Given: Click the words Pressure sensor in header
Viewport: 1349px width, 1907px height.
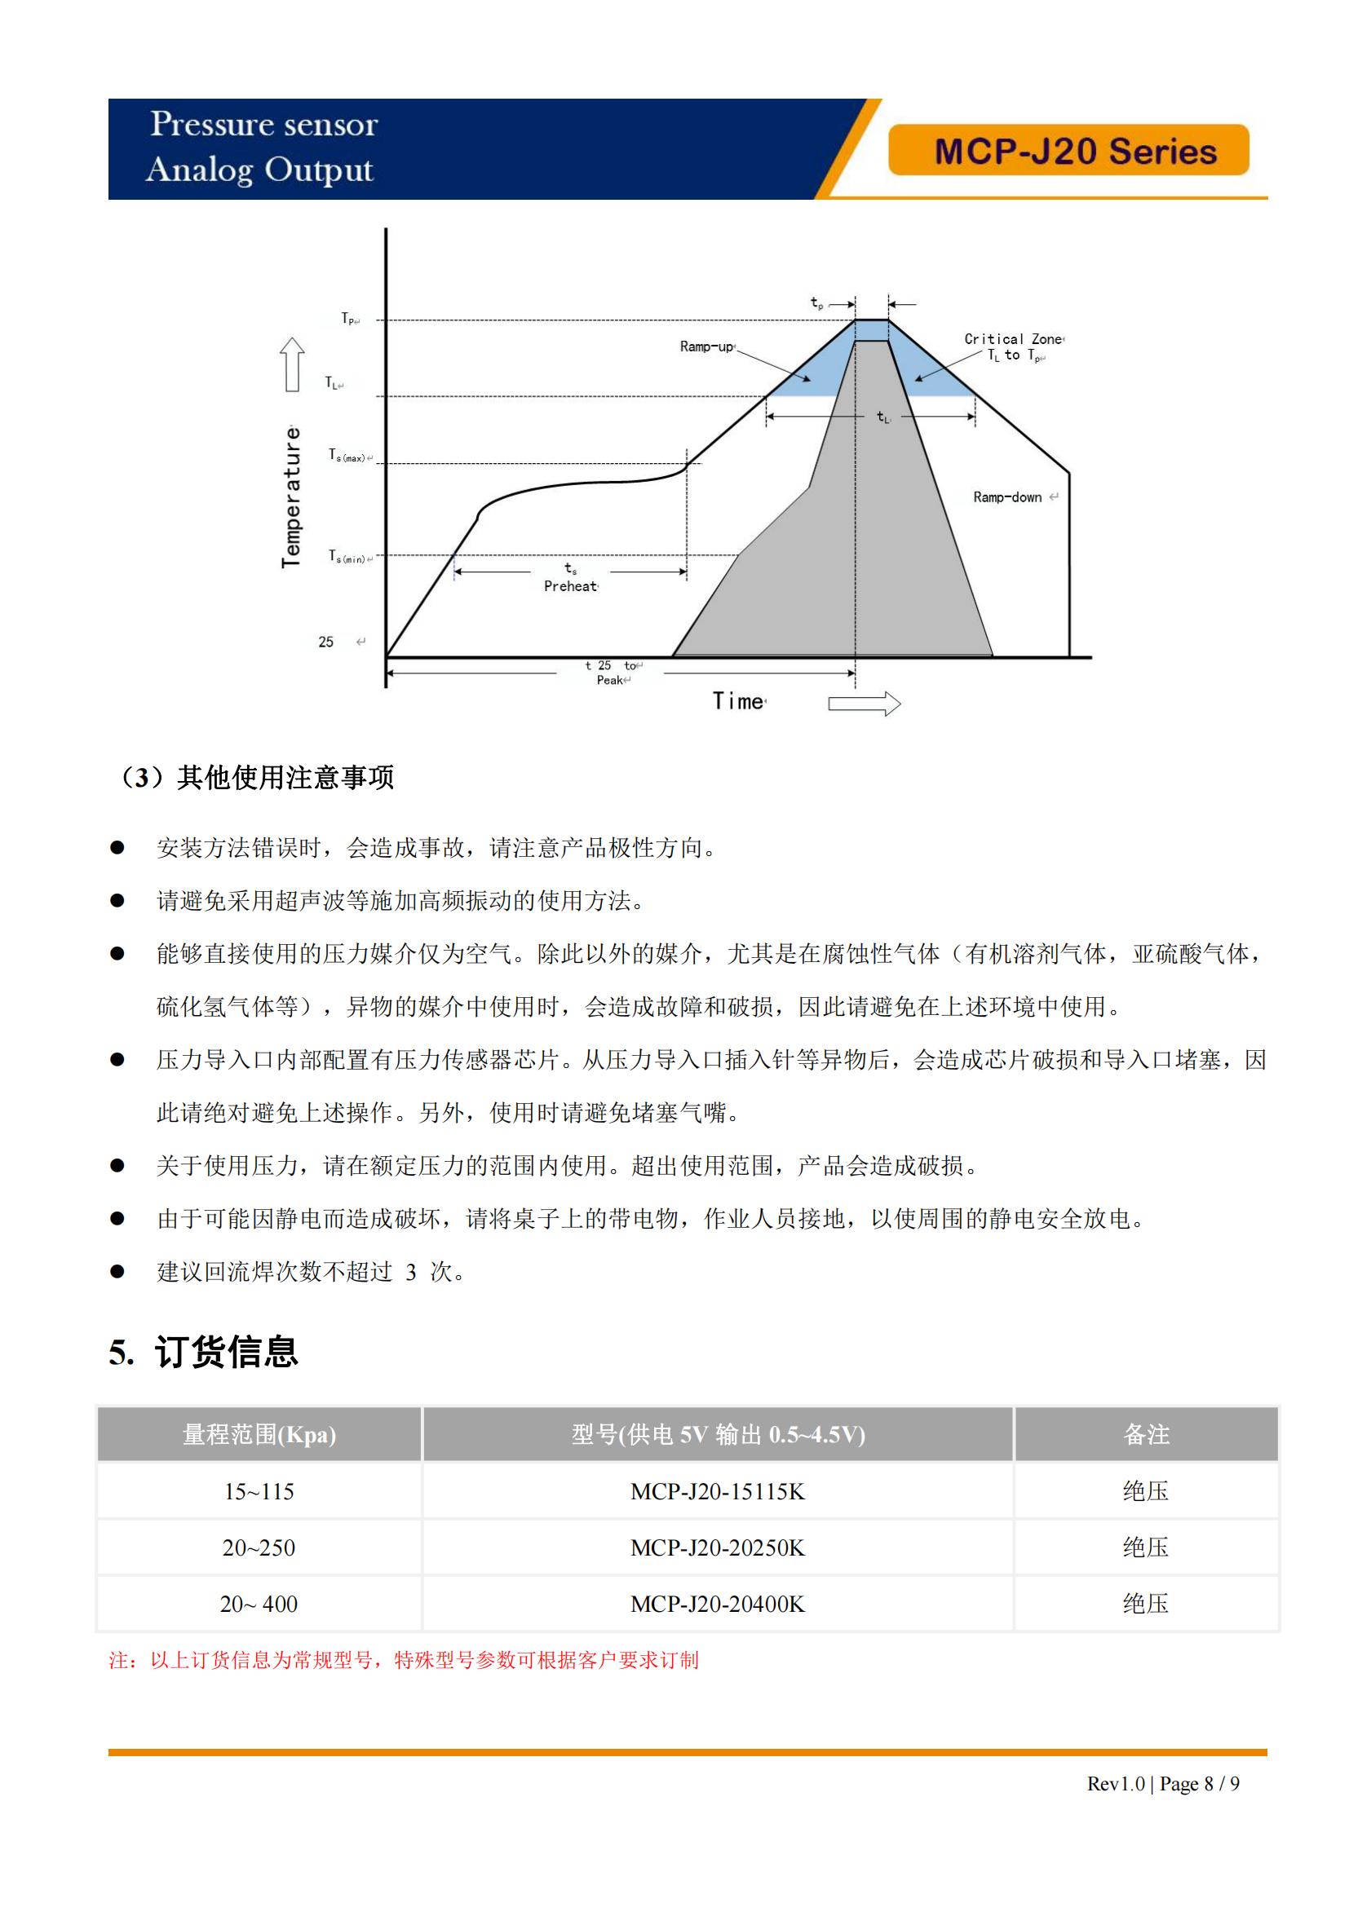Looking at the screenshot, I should [263, 125].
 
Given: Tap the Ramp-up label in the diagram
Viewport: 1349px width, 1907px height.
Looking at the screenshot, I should [706, 347].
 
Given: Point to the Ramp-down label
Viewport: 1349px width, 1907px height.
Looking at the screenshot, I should [1006, 497].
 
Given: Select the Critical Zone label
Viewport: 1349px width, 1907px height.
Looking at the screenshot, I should [1013, 339].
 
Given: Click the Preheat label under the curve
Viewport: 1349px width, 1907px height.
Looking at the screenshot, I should [570, 586].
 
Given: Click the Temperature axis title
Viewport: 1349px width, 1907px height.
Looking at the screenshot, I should [290, 497].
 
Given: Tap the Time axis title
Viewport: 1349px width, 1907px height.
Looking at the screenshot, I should [737, 702].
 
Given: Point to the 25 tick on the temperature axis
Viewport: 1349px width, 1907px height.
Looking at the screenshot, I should [325, 642].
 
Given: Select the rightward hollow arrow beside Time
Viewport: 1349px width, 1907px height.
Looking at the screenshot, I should [864, 704].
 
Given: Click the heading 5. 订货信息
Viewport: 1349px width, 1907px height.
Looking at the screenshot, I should [204, 1353].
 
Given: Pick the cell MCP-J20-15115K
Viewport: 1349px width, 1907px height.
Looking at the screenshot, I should [717, 1492].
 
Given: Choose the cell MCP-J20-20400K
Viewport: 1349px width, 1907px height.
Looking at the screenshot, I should [717, 1604].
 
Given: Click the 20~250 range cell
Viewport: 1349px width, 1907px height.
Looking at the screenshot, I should [259, 1548].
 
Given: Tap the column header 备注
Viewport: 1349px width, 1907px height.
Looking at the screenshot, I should [1145, 1434].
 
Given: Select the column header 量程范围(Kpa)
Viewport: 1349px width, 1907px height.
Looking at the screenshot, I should [259, 1434].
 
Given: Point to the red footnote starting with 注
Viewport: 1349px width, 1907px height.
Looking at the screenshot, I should [404, 1660].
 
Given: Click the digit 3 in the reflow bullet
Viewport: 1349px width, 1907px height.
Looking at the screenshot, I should [410, 1273].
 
